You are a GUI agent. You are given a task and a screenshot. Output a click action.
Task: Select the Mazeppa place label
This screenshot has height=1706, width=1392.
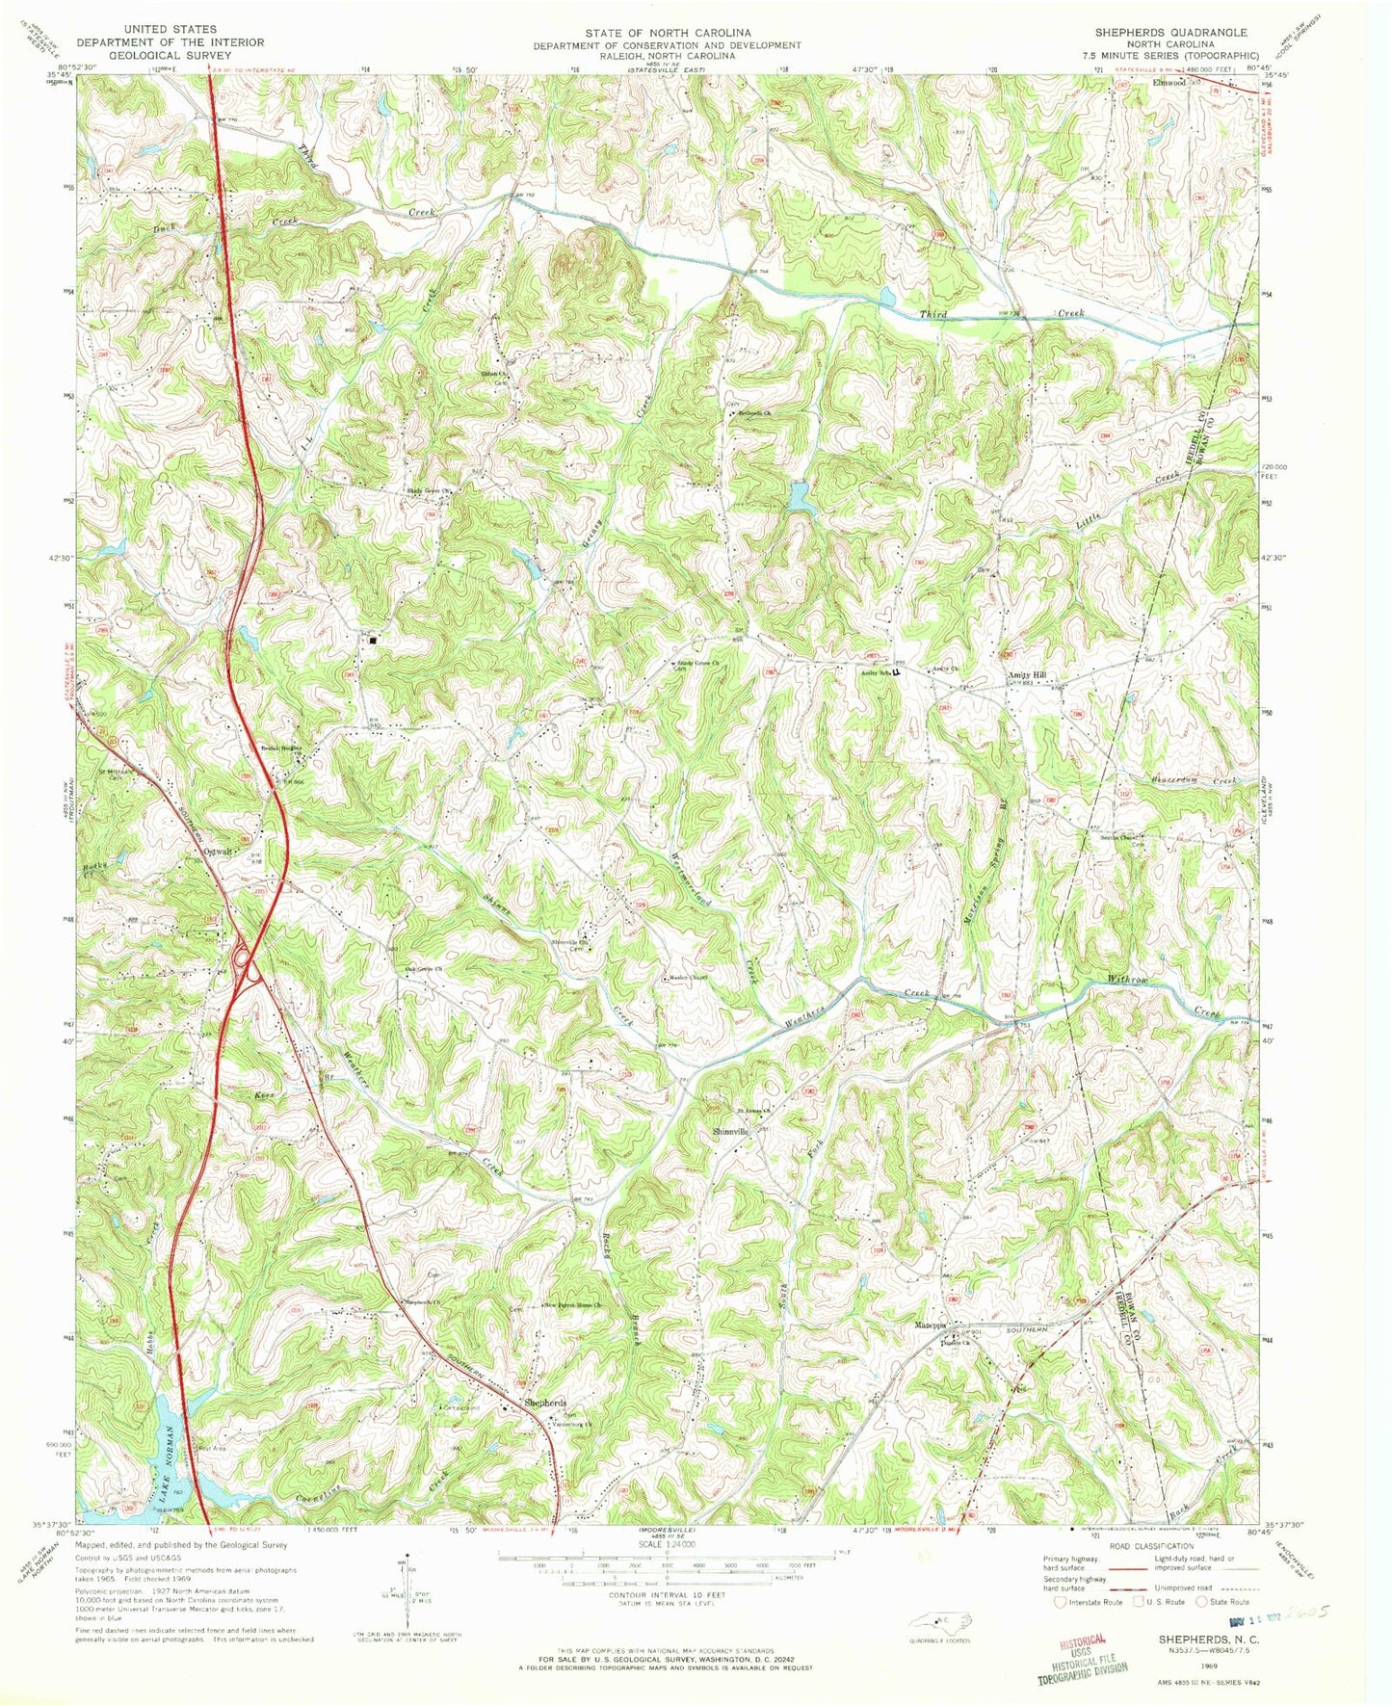[931, 1325]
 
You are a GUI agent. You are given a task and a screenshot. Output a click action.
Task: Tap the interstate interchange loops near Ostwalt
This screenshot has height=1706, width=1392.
[243, 961]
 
